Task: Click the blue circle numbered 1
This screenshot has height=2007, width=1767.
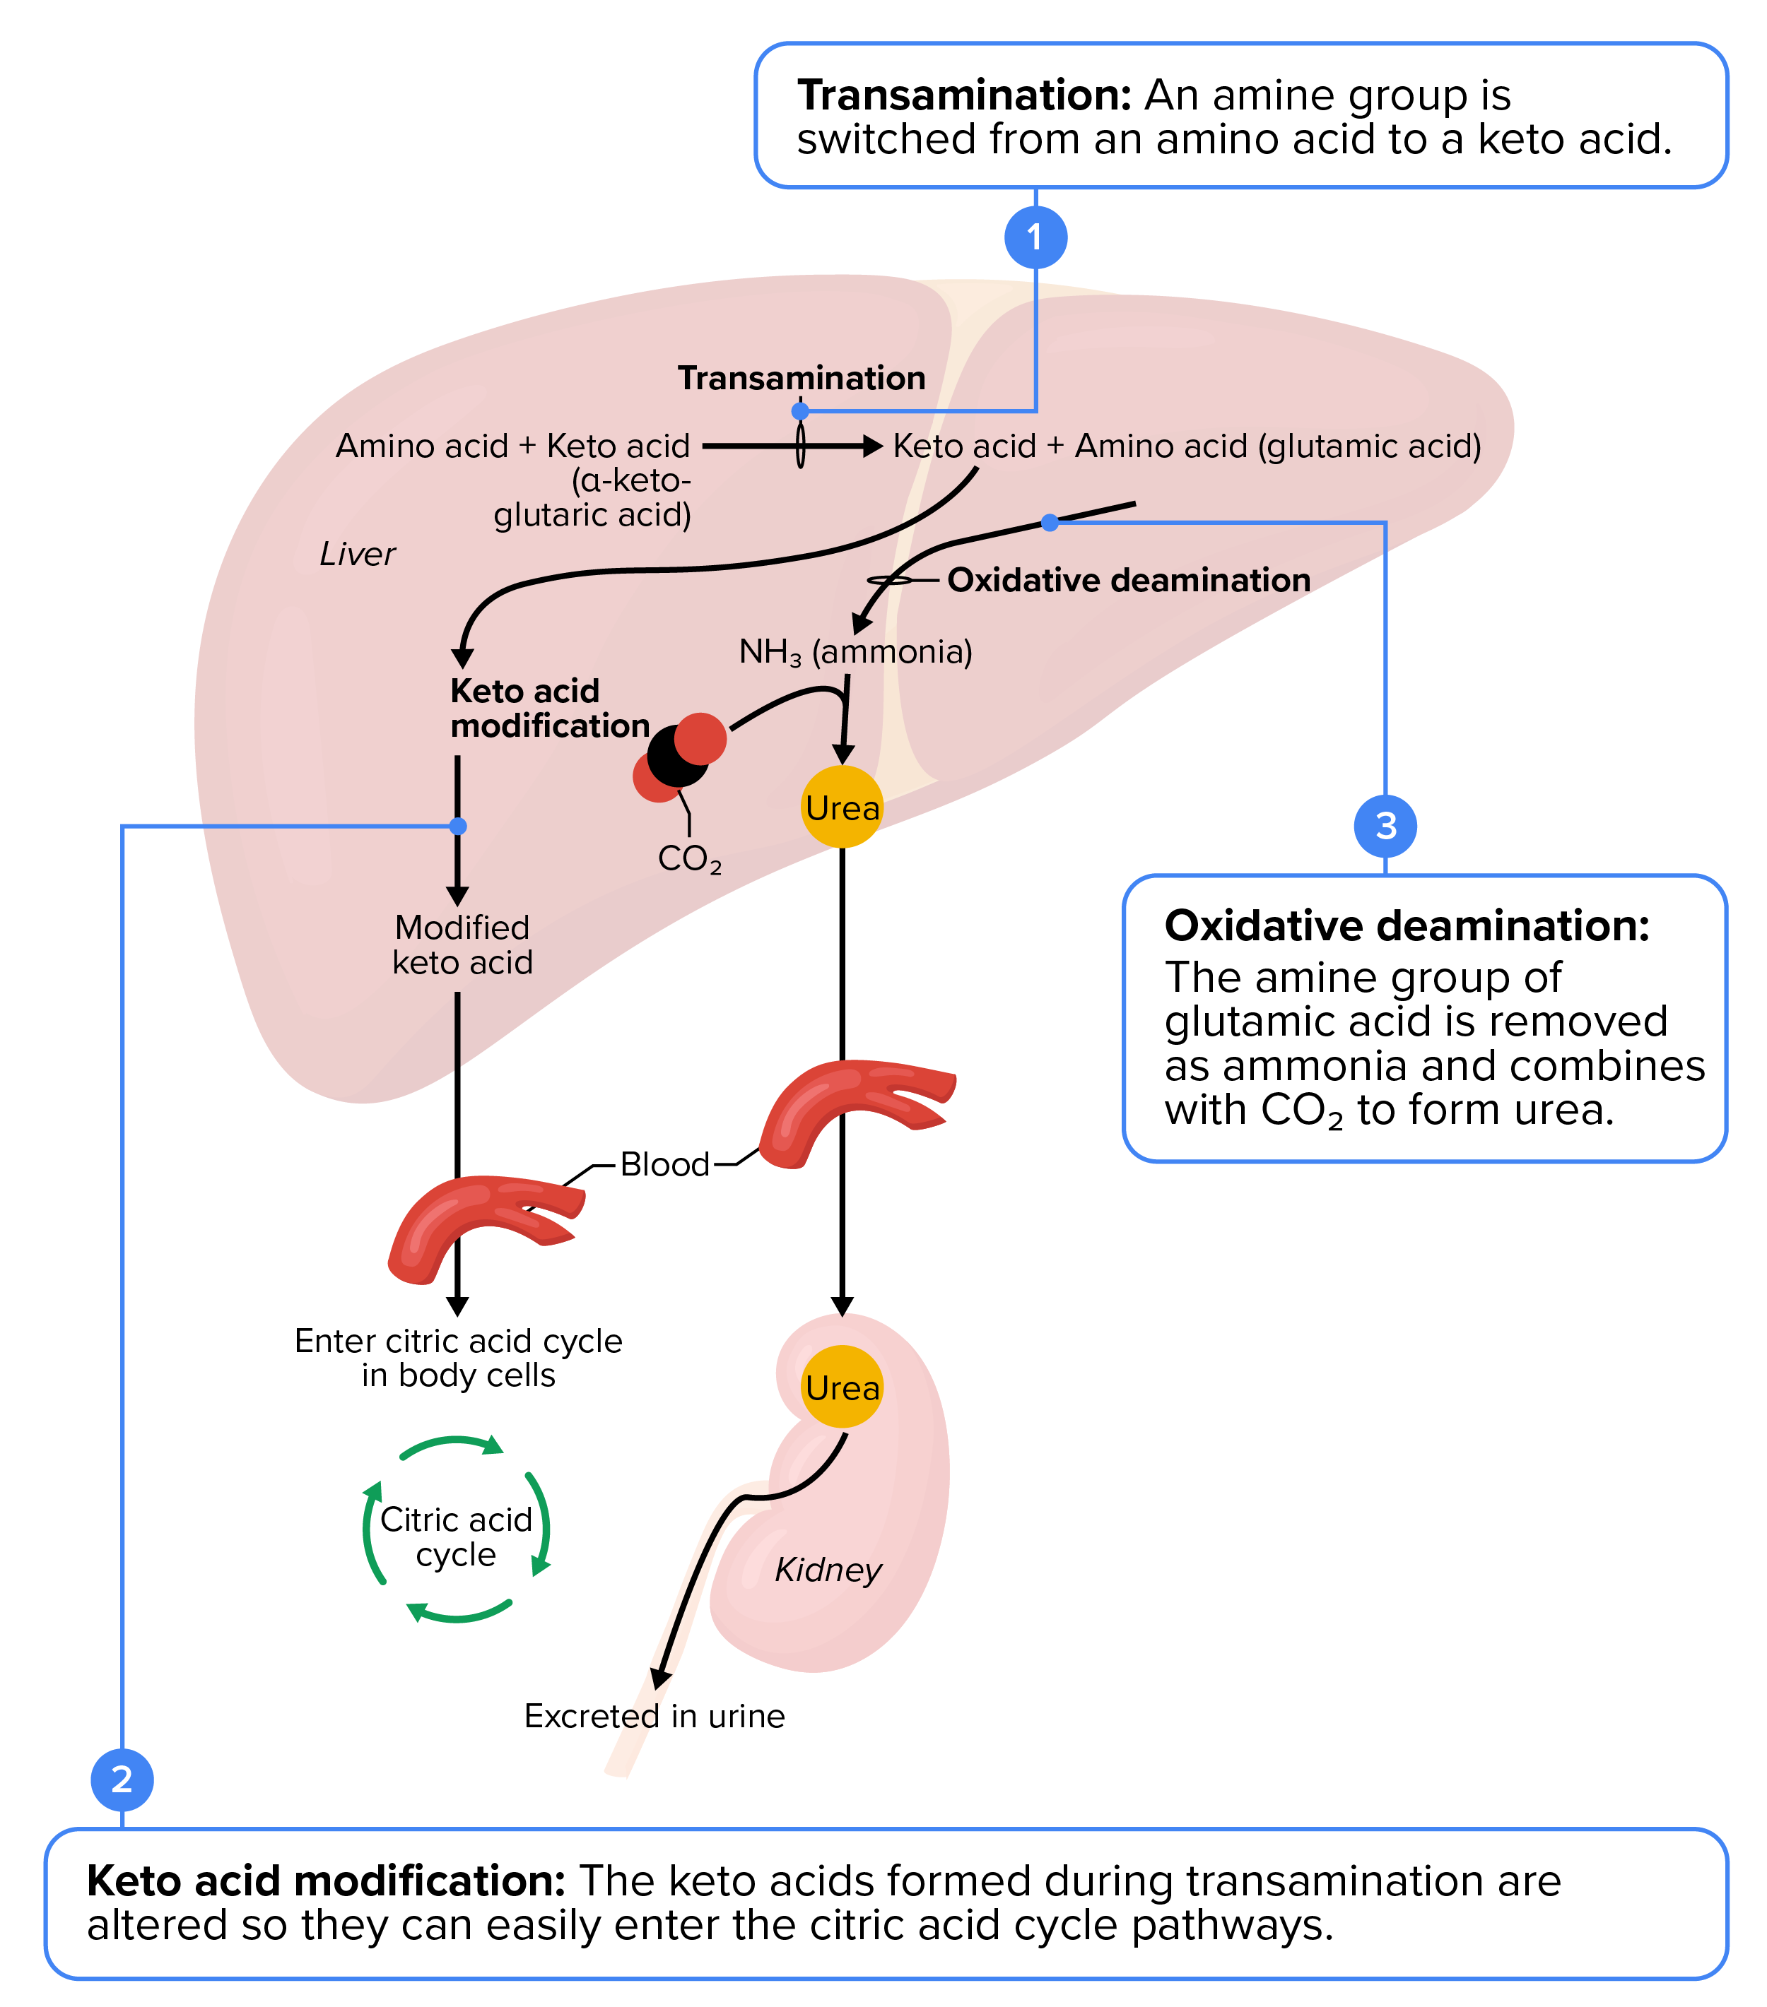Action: pyautogui.click(x=1035, y=237)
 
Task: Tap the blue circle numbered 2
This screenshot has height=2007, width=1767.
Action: pyautogui.click(x=122, y=1780)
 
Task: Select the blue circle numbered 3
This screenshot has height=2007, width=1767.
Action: pyautogui.click(x=1385, y=826)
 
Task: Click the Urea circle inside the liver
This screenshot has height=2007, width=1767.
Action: pyautogui.click(x=842, y=807)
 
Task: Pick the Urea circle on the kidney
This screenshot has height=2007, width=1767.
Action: pyautogui.click(x=842, y=1387)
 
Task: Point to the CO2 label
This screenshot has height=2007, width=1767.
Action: pyautogui.click(x=690, y=859)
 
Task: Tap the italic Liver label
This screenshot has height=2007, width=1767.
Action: pyautogui.click(x=356, y=554)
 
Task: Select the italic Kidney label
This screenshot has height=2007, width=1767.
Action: pyautogui.click(x=828, y=1569)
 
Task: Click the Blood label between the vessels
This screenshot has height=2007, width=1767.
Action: pyautogui.click(x=665, y=1164)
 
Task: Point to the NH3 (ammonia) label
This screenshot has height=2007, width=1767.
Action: pyautogui.click(x=855, y=651)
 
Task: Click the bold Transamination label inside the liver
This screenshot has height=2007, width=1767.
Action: pyautogui.click(x=802, y=378)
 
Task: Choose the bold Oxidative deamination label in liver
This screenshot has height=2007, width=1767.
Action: pyautogui.click(x=1129, y=580)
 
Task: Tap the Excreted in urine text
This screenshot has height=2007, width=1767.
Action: pyautogui.click(x=654, y=1715)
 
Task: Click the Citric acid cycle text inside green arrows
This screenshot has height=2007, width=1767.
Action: pyautogui.click(x=456, y=1537)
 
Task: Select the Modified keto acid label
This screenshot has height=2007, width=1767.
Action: pyautogui.click(x=462, y=945)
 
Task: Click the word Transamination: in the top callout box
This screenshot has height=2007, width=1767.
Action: pyautogui.click(x=965, y=95)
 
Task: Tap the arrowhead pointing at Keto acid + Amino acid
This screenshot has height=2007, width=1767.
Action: pyautogui.click(x=872, y=446)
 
